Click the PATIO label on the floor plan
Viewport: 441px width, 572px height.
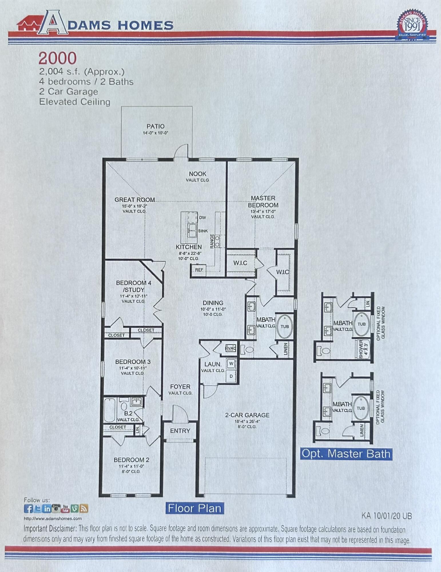156,126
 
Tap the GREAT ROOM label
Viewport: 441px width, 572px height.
135,200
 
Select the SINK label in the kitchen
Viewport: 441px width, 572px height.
203,231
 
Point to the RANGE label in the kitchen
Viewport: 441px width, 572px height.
212,241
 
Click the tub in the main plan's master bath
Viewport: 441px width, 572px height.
285,326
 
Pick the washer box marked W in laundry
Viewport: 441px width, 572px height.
231,364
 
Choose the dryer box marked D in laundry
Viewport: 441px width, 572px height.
231,376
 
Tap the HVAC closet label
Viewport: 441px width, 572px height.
231,348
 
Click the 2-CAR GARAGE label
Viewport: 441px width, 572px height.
247,415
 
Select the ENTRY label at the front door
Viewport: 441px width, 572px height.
180,431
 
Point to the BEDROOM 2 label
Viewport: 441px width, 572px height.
131,460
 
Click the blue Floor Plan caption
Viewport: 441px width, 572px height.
194,508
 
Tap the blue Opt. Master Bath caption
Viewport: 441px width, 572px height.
346,454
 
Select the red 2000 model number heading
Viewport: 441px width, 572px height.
57,58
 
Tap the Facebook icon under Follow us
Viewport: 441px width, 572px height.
28,509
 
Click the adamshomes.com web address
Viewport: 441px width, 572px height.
53,518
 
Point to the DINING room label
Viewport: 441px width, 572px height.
213,303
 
